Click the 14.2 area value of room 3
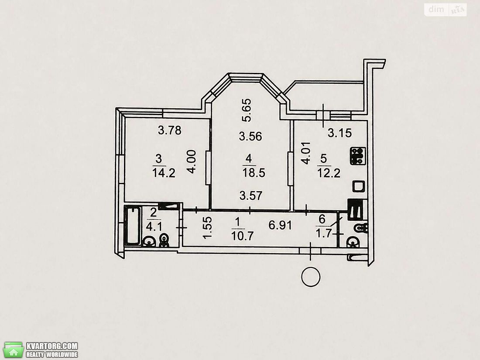(164, 173)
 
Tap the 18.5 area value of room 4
(254, 173)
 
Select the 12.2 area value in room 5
(329, 173)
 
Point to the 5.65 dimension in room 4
(247, 110)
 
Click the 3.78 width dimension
(170, 130)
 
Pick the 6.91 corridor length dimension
(281, 225)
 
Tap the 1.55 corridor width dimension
(208, 228)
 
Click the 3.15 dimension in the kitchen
(340, 133)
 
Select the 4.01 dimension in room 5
(306, 153)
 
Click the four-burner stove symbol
(358, 156)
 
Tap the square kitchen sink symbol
(358, 186)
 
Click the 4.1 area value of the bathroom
(154, 227)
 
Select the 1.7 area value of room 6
(324, 233)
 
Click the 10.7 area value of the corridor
(243, 236)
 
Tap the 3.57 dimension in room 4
(251, 195)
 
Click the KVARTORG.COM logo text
(52, 346)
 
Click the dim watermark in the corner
(436, 9)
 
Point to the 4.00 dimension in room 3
(192, 161)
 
